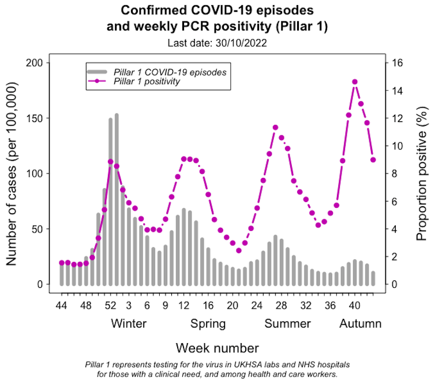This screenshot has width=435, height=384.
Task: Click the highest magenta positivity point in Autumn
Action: click(355, 82)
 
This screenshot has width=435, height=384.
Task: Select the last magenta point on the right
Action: click(373, 159)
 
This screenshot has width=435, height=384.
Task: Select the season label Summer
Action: click(287, 324)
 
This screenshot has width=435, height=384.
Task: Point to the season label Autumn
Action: click(360, 324)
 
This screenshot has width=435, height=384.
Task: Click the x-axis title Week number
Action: click(217, 348)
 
